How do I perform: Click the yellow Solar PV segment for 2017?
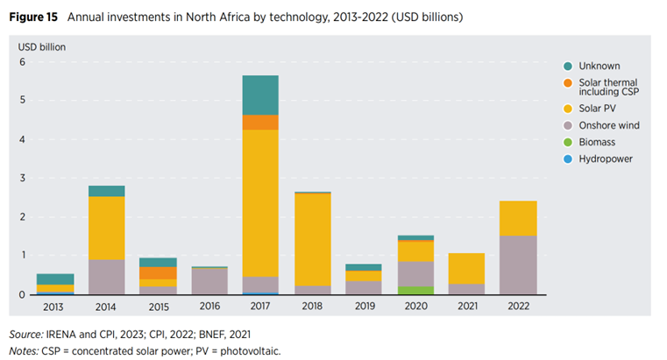(x=260, y=203)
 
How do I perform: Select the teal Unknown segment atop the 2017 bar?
(x=260, y=95)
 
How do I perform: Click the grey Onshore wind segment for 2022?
(x=517, y=265)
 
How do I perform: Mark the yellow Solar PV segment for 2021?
(x=465, y=268)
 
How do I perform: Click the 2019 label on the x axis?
(x=363, y=307)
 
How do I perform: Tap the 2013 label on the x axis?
(x=54, y=307)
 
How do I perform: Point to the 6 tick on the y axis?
(x=24, y=62)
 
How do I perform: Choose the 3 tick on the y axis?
(x=24, y=179)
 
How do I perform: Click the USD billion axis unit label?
(x=42, y=46)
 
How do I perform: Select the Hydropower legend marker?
(x=569, y=159)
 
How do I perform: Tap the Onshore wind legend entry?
(x=609, y=125)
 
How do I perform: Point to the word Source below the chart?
(x=25, y=335)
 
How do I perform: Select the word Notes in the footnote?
(x=24, y=350)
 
